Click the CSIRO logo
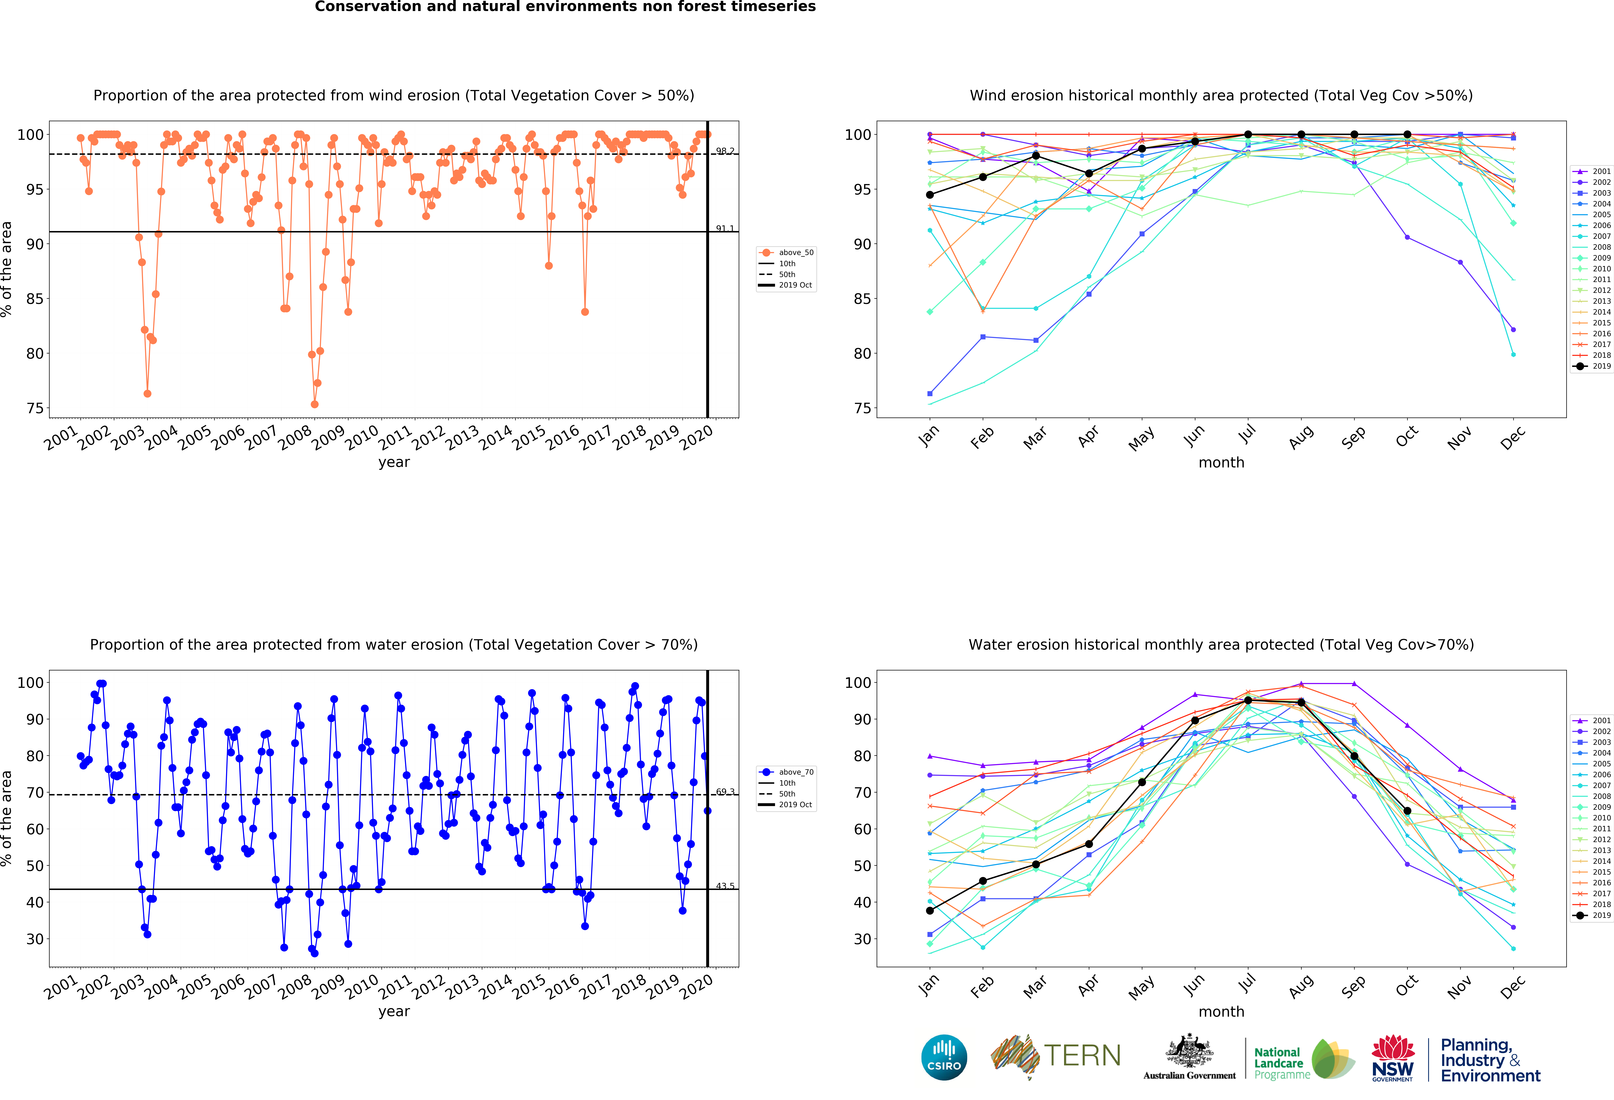tap(944, 1058)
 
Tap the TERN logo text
tap(1082, 1056)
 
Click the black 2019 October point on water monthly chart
tap(1407, 810)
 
